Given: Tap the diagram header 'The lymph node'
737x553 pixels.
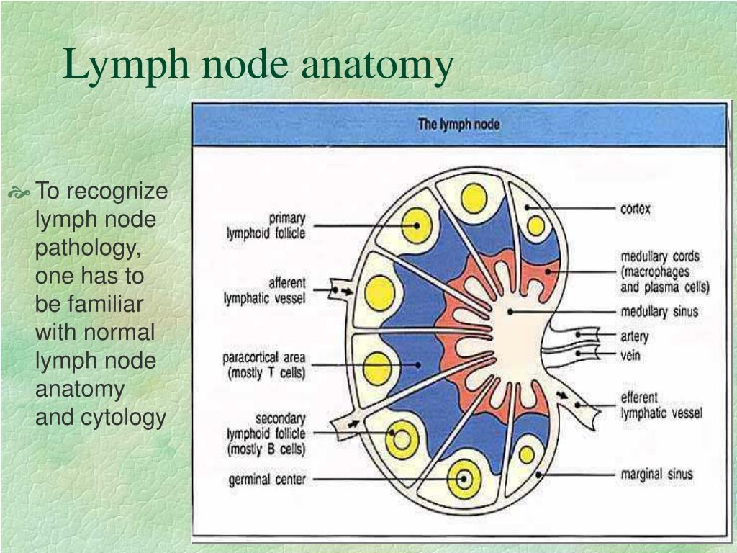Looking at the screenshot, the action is tap(458, 125).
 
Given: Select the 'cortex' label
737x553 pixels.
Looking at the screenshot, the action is tap(636, 208).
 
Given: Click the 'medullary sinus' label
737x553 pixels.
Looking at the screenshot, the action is tap(659, 312).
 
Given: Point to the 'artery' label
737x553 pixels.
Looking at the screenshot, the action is tap(635, 337).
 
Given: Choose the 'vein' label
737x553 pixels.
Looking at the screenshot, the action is tap(630, 355).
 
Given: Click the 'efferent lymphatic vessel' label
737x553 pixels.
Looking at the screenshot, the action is tap(662, 405).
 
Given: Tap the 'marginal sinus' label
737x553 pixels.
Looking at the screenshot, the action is tap(656, 474).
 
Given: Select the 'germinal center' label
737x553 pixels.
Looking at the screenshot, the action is tap(267, 480).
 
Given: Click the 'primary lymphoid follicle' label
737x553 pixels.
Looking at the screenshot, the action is tap(266, 225).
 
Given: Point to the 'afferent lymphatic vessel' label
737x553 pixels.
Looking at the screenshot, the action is tap(265, 291).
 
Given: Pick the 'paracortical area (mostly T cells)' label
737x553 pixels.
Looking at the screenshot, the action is tap(264, 365).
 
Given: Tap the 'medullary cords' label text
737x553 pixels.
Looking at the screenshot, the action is tap(660, 257).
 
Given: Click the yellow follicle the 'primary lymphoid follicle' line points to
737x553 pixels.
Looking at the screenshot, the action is tap(417, 225).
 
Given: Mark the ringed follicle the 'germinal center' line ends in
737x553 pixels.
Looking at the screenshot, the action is tap(464, 479).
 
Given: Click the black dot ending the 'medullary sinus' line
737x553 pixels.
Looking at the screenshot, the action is tap(510, 312).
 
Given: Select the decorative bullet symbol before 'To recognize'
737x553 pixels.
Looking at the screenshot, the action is tap(19, 192).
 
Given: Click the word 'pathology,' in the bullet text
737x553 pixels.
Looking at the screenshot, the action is tap(89, 248).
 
